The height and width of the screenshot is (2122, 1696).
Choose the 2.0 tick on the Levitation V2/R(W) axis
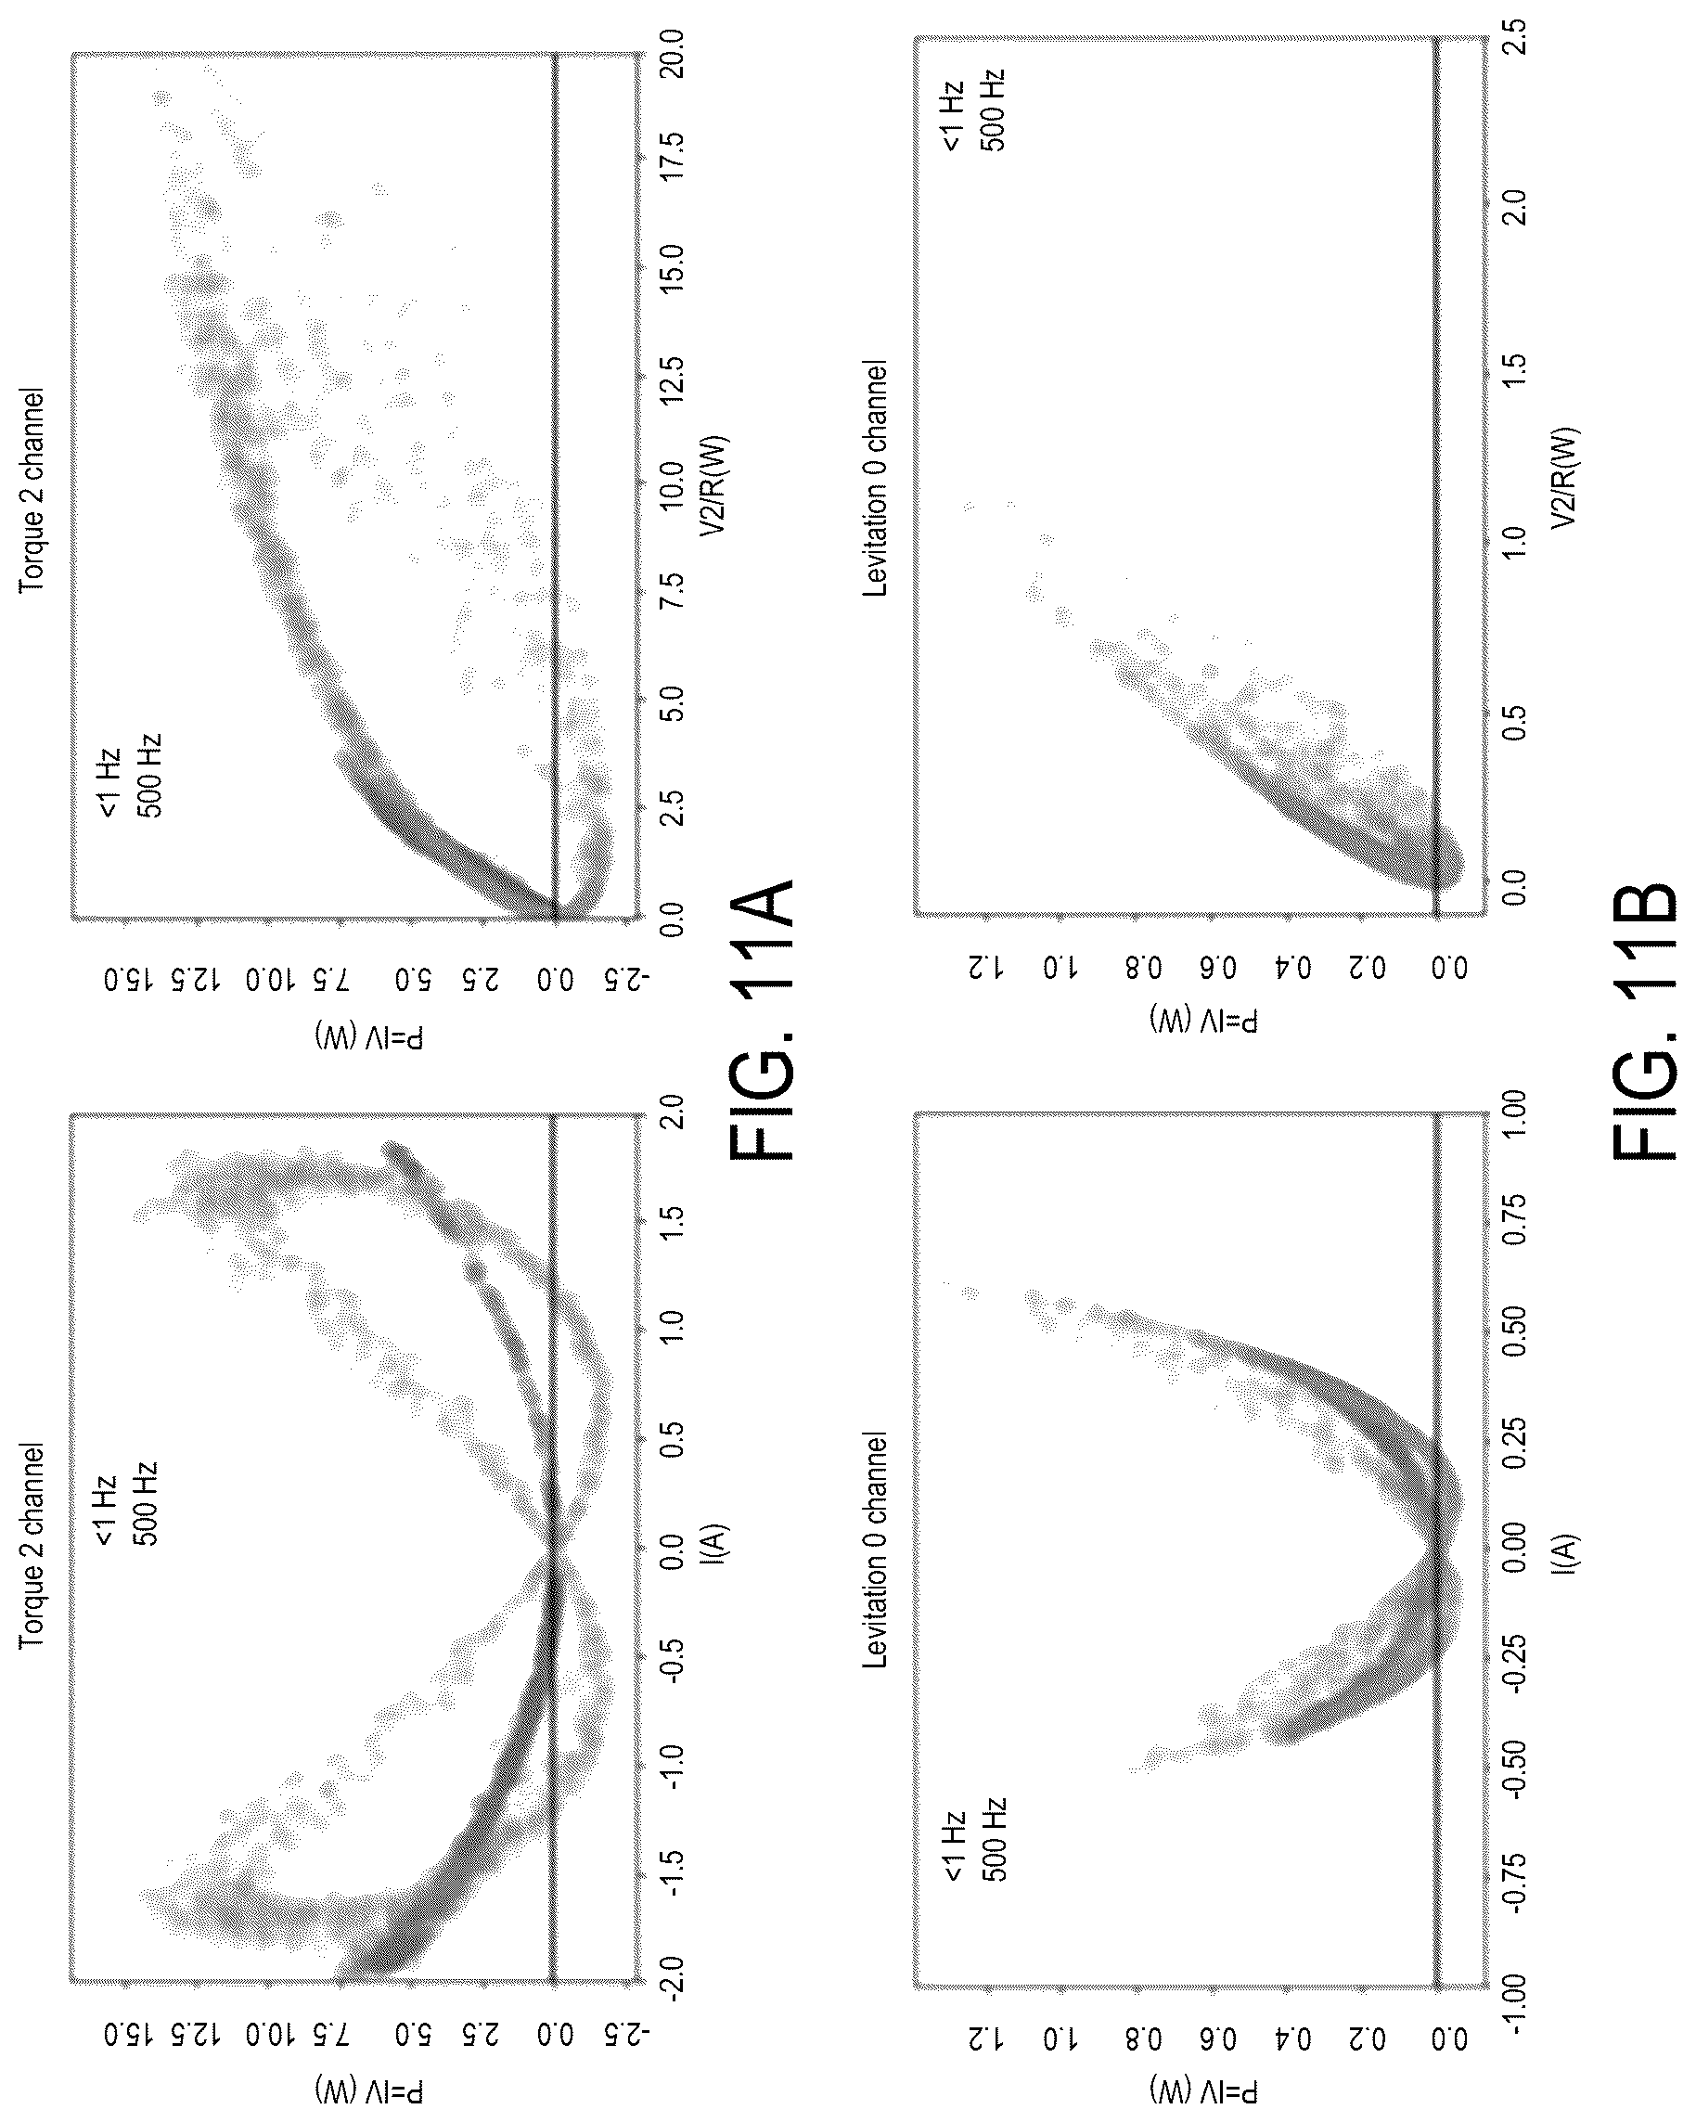point(1516,209)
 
